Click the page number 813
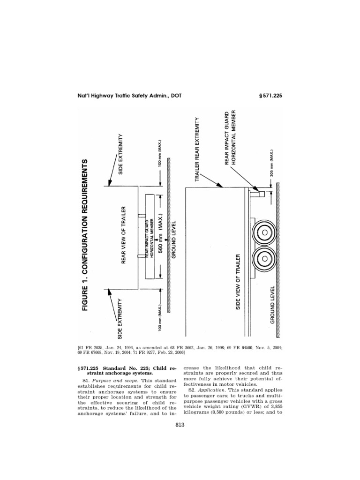(x=180, y=425)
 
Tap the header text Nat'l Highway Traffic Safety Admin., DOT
(x=129, y=96)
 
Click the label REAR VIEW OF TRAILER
(x=125, y=234)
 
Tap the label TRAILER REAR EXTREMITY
(x=203, y=149)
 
